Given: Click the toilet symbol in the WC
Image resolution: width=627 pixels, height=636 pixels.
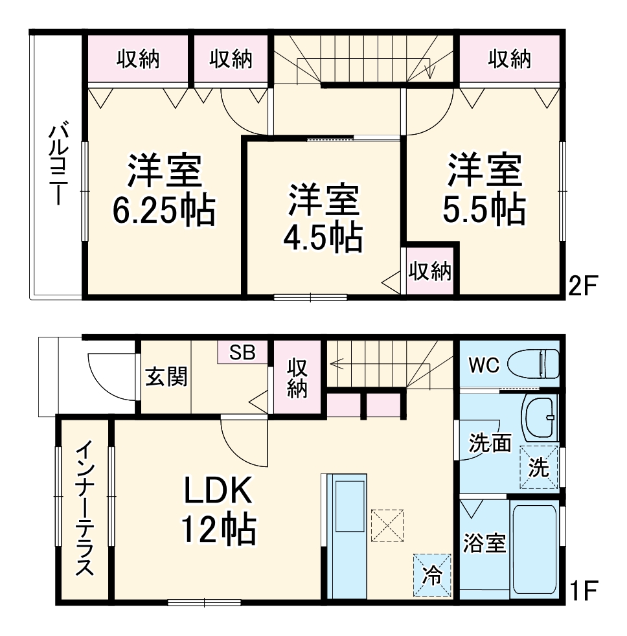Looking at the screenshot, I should [533, 364].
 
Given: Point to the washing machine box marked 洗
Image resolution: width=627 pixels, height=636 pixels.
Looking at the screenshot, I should [539, 466].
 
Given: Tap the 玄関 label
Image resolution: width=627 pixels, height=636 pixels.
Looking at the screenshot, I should [166, 376].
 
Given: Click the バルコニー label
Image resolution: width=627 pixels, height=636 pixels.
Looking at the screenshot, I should [56, 165].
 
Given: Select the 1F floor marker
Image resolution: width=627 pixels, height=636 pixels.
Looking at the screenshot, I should [584, 591].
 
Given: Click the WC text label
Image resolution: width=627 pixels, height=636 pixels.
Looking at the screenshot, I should [484, 365].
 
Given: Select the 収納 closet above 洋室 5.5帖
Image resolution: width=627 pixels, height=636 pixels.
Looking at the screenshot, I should [509, 60].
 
